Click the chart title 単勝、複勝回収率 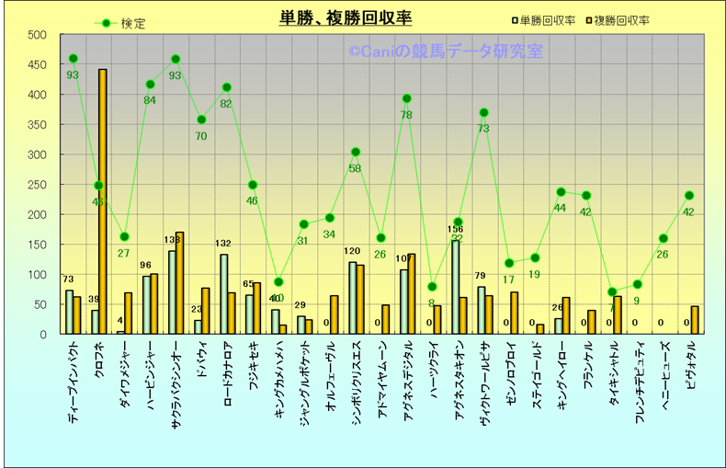click(346, 18)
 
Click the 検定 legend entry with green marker click(119, 24)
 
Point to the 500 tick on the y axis click(37, 35)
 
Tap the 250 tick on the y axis click(37, 185)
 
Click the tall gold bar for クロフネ click(103, 201)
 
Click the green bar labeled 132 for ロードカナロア click(223, 294)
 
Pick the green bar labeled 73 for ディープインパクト click(69, 312)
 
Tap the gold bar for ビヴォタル click(695, 320)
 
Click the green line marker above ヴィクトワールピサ click(483, 113)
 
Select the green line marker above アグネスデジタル click(407, 98)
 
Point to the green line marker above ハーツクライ click(433, 287)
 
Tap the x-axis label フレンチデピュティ click(639, 381)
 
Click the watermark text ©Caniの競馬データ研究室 click(445, 51)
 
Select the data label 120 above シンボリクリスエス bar click(352, 251)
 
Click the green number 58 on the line click(355, 168)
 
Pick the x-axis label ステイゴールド click(536, 371)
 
